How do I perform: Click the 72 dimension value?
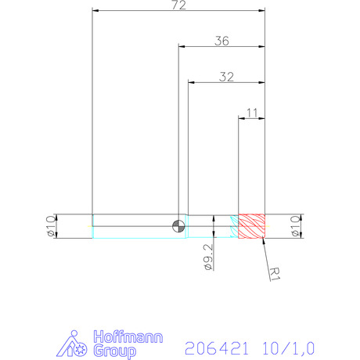(x=179, y=5)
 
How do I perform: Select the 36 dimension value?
(x=221, y=41)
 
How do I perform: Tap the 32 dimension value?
(x=226, y=77)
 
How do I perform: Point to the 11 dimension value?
(x=252, y=113)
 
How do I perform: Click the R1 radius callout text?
(x=275, y=274)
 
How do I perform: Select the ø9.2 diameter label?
(x=208, y=257)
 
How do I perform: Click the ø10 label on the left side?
(x=51, y=226)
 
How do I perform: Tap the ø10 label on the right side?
(x=295, y=226)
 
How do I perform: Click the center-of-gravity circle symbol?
(x=178, y=226)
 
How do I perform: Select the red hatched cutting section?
(x=251, y=226)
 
